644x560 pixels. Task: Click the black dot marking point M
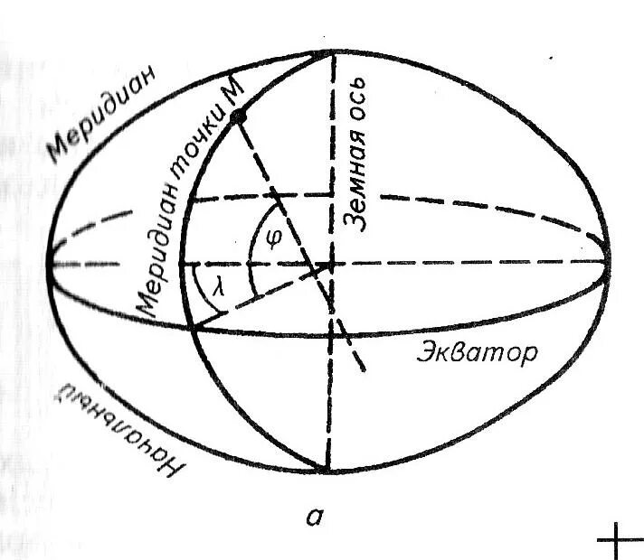point(239,118)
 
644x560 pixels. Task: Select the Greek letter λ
point(218,288)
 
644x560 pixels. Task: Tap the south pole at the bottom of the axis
point(327,471)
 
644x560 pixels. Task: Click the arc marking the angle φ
point(257,226)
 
